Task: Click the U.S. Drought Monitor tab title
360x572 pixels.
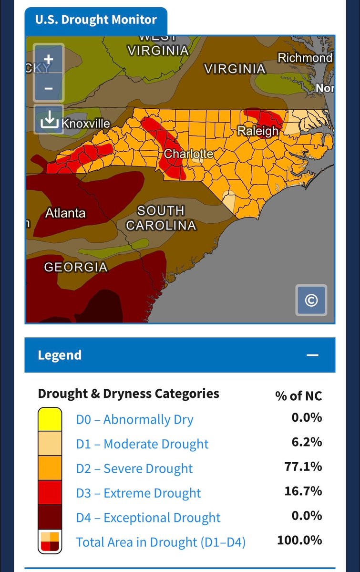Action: [x=96, y=20]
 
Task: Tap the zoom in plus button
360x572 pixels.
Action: [x=48, y=60]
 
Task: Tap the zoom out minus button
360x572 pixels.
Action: [x=48, y=88]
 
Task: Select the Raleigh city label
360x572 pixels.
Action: [x=257, y=131]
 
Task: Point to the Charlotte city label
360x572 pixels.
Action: [x=188, y=154]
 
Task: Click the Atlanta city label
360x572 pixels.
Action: [x=65, y=213]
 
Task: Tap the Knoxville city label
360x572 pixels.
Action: [x=86, y=124]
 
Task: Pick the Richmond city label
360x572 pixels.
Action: [x=305, y=58]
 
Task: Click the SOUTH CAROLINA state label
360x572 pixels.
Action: [x=161, y=218]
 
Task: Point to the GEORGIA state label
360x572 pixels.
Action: [x=76, y=268]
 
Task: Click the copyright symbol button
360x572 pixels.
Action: [x=311, y=300]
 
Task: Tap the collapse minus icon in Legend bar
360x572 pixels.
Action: [x=312, y=355]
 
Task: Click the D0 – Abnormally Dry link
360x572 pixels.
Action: [x=134, y=420]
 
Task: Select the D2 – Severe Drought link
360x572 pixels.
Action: [x=134, y=469]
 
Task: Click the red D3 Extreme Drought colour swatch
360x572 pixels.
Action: [x=50, y=493]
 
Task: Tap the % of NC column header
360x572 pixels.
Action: [x=298, y=395]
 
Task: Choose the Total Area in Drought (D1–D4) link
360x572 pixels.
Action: [x=161, y=542]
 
